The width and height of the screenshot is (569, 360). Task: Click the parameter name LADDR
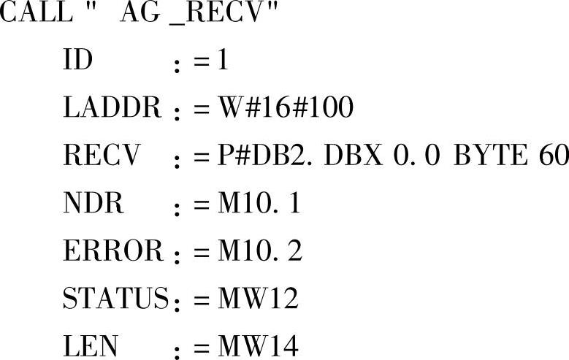[112, 109]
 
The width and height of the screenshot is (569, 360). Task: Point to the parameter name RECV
[100, 156]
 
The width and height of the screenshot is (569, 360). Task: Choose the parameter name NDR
[93, 204]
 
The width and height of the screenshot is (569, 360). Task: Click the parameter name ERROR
[113, 251]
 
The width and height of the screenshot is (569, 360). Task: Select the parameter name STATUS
[116, 299]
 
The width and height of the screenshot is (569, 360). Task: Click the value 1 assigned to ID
[222, 61]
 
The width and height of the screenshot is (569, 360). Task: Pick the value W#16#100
[286, 109]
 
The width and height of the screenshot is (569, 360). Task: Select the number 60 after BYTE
[554, 156]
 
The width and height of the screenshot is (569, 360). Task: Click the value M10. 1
[259, 204]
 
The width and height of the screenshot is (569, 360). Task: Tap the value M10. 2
[259, 251]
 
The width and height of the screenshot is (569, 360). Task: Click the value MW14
[258, 346]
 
